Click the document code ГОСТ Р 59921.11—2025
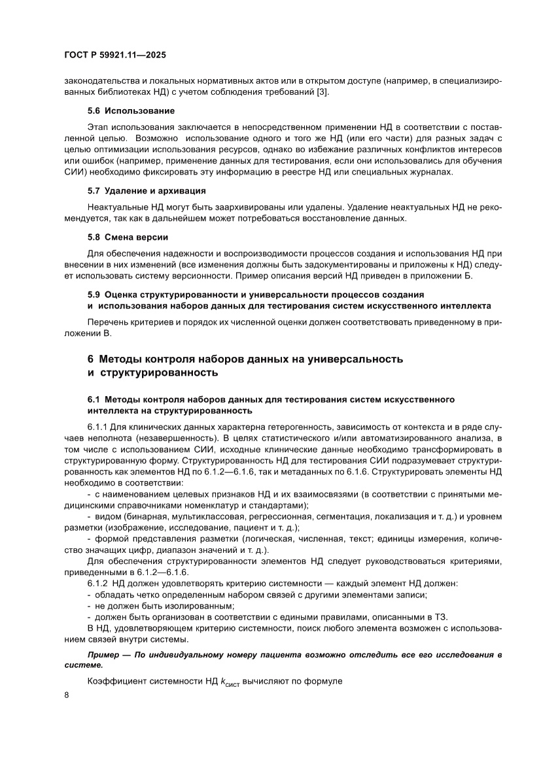point(119,56)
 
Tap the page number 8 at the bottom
point(67,695)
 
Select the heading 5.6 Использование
point(131,110)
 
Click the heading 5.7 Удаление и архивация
point(147,191)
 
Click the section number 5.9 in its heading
point(94,295)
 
